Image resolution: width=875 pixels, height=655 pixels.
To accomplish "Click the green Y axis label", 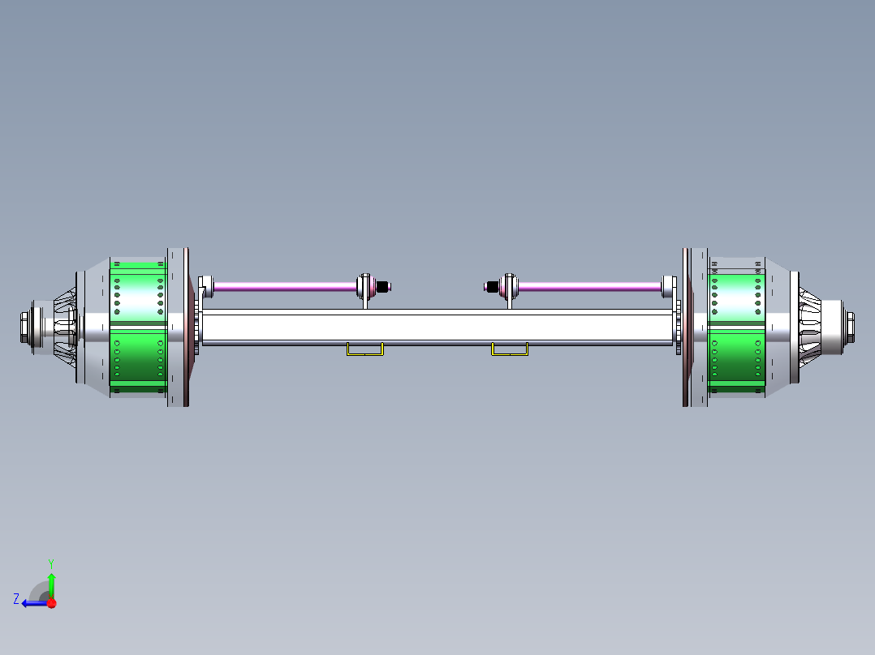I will click(50, 563).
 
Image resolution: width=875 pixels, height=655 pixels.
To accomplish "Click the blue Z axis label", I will click(16, 599).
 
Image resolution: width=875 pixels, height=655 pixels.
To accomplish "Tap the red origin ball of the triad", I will click(51, 603).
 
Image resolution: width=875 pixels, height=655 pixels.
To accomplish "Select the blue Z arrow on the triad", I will click(33, 603).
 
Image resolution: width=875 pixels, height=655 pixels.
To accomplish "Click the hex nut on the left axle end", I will click(25, 327).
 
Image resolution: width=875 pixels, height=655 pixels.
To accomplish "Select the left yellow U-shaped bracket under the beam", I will click(365, 349).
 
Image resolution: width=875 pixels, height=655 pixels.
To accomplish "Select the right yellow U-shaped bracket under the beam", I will click(510, 349).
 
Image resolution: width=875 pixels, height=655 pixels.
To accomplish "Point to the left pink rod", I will click(284, 286).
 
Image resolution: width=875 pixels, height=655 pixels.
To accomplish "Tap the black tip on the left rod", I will click(384, 286).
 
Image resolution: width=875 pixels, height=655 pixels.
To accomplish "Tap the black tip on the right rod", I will click(491, 286).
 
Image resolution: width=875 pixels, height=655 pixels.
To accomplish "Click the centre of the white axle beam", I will click(438, 327).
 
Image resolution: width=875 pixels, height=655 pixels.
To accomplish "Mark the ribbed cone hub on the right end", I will click(811, 327).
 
